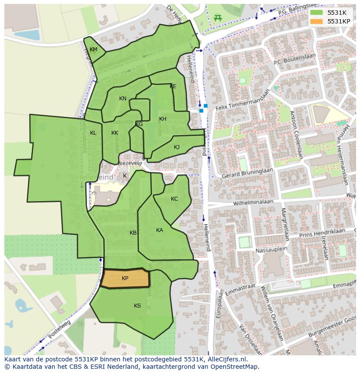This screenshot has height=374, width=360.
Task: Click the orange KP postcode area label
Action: pos(125,278)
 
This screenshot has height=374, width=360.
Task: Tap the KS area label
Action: pos(137,306)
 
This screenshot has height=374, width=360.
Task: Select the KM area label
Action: pos(93,50)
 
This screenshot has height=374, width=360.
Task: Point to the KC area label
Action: pos(174,199)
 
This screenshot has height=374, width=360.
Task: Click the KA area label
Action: pos(160,230)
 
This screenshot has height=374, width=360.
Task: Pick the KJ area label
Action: pos(177,147)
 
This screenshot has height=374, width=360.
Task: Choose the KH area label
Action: pos(163,119)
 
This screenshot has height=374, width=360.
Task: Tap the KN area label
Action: pos(123,99)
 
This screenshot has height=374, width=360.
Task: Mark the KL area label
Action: pos(93,133)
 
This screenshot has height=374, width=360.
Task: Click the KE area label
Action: pos(173,86)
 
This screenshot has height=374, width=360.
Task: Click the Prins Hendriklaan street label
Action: pos(322,232)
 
